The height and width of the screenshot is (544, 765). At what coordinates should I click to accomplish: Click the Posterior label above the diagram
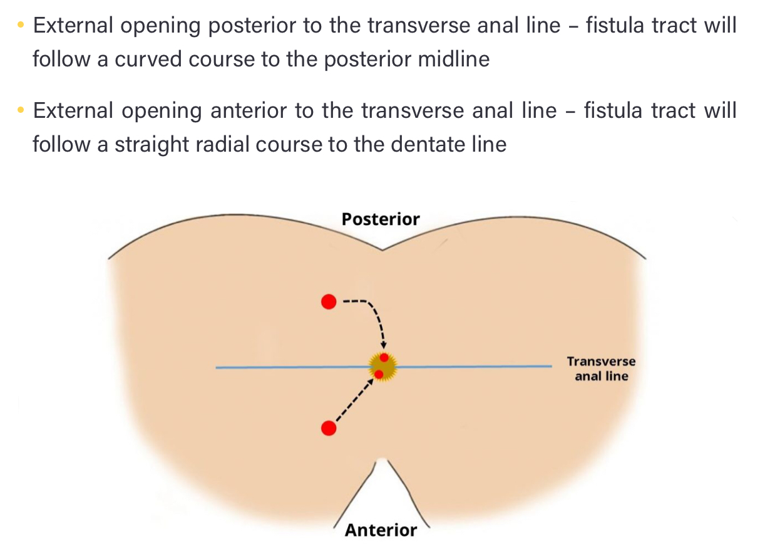coord(381,219)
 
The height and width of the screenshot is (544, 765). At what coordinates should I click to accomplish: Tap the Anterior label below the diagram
coord(381,530)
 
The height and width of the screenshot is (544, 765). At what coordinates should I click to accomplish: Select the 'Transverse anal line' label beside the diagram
coord(601,369)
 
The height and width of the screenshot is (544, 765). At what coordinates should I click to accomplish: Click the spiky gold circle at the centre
coord(382,366)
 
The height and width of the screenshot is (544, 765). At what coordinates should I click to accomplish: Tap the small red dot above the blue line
coord(384,358)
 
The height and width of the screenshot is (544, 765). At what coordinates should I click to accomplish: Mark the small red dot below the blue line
coord(379,374)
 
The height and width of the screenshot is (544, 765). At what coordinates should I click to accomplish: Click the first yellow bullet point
coord(21,26)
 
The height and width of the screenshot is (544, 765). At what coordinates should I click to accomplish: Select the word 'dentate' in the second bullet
coord(433,145)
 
